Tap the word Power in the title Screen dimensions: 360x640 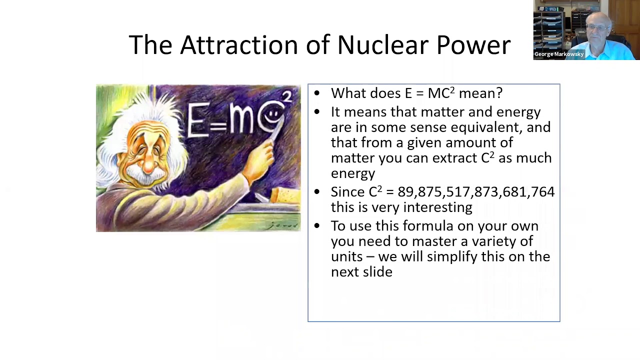[473, 45]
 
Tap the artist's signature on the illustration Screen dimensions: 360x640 [282, 225]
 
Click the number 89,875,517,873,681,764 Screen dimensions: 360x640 [476, 192]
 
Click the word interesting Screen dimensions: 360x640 [437, 207]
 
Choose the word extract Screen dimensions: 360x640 [454, 158]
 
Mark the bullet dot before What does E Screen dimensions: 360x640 [316, 93]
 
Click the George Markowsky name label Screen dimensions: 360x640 [558, 54]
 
